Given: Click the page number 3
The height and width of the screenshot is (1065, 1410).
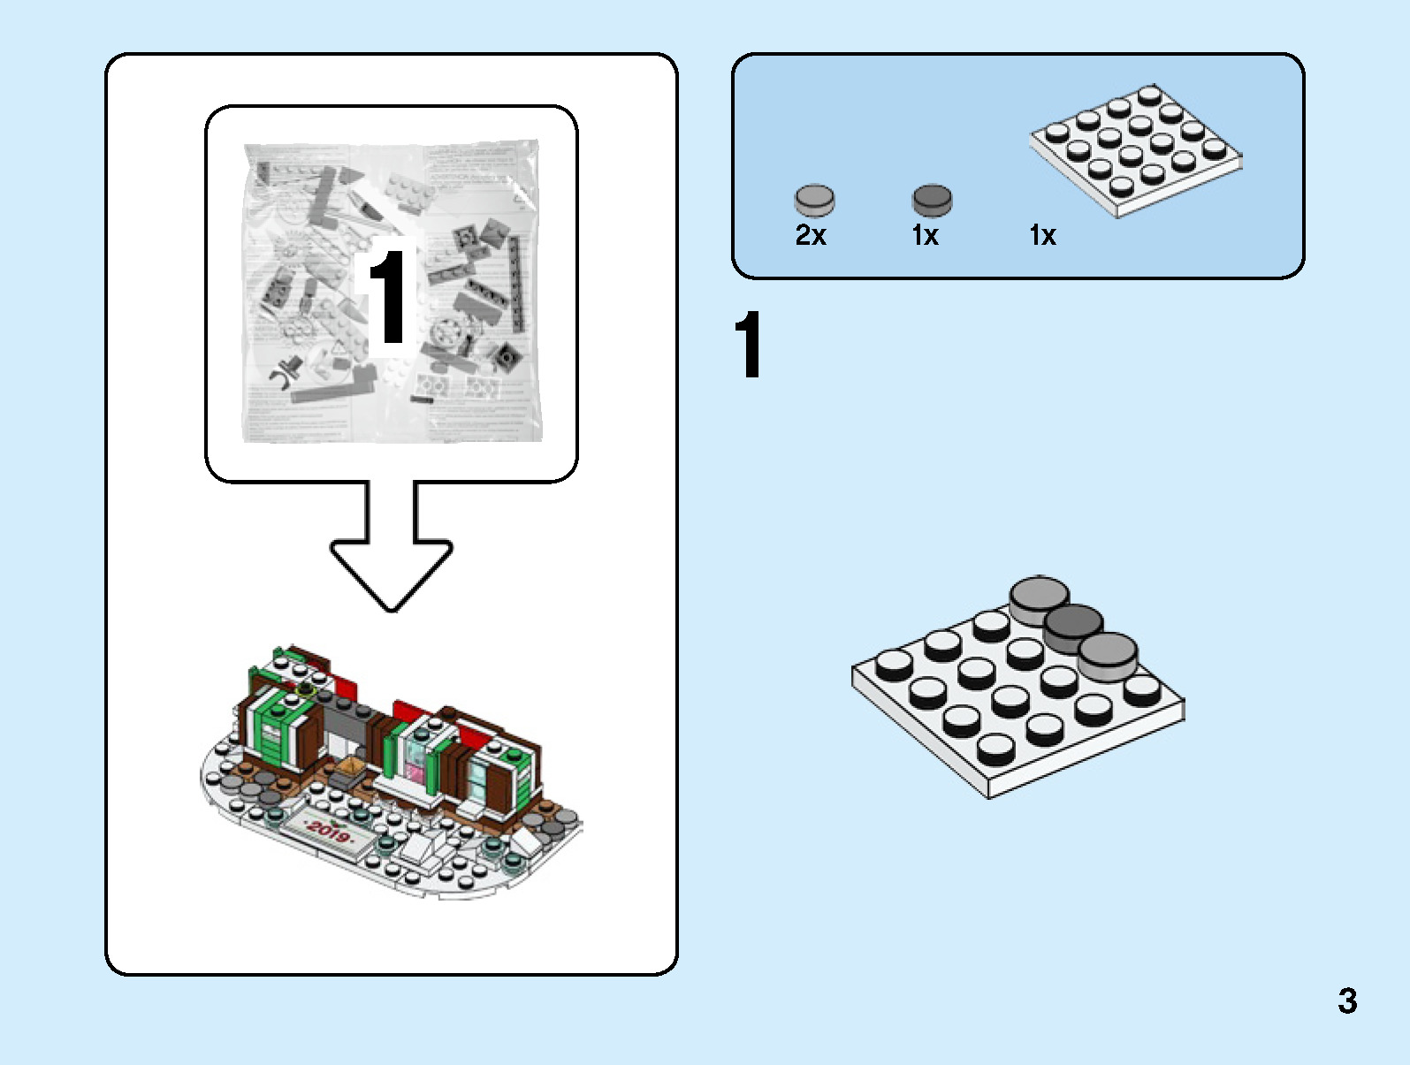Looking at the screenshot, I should click(1346, 1000).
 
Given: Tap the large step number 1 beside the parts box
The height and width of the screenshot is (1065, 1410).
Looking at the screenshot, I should click(748, 345).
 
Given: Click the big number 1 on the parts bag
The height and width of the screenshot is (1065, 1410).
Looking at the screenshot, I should click(387, 295).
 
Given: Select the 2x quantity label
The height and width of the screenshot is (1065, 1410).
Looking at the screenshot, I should click(810, 235).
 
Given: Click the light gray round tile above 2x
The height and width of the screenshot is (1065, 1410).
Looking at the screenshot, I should click(814, 200).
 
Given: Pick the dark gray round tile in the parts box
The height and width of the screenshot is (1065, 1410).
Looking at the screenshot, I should click(932, 200).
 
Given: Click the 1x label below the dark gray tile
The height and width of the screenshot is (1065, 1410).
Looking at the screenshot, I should click(925, 235).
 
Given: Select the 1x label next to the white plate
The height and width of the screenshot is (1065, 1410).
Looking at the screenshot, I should click(1042, 235).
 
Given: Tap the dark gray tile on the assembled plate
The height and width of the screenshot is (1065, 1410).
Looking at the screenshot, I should click(1073, 626).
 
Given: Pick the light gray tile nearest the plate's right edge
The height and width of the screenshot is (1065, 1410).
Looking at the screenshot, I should click(1108, 655).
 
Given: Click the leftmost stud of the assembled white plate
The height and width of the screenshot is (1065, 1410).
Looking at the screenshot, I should click(894, 663).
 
